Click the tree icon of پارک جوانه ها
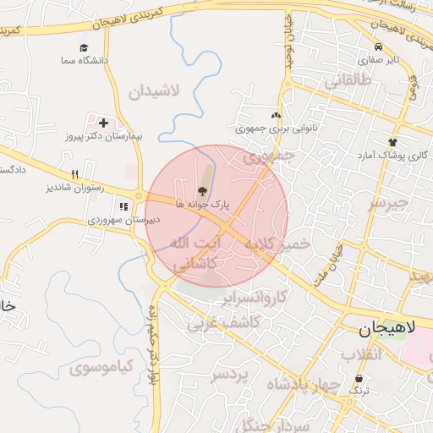pos(201,190)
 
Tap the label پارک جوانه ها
pos(203,205)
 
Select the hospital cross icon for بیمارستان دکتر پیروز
pos(103,123)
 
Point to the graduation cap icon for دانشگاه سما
pos(84,48)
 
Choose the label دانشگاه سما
pos(84,61)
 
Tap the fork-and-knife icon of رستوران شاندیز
pos(74,174)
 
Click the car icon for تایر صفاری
pos(378,47)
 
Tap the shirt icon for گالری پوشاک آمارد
pos(392,142)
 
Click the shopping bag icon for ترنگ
pos(359,378)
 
